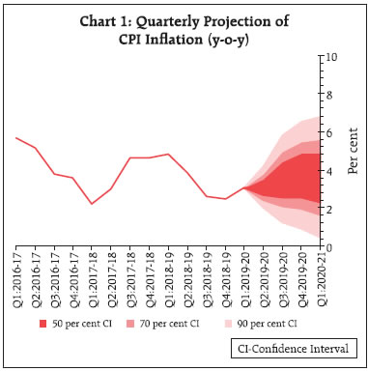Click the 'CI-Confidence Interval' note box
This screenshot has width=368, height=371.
click(288, 347)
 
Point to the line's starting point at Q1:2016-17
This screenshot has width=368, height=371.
click(16, 138)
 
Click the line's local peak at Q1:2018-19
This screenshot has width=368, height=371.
click(168, 155)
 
